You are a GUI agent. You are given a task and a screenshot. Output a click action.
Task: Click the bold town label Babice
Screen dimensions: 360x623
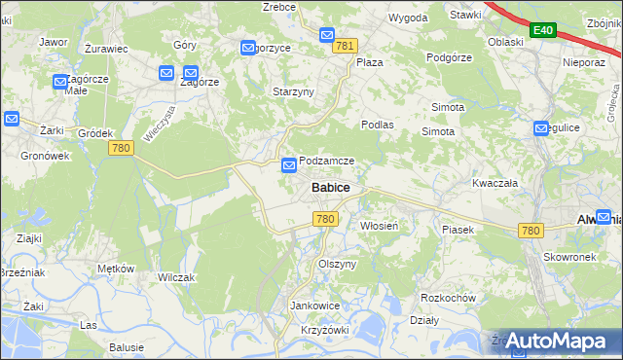[x=331, y=187]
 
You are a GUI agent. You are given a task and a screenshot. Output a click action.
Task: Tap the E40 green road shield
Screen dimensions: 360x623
[x=543, y=31]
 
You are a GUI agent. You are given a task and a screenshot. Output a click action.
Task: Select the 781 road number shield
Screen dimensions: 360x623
[x=345, y=46]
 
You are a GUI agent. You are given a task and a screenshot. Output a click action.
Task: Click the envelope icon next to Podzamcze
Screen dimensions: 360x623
[x=289, y=166]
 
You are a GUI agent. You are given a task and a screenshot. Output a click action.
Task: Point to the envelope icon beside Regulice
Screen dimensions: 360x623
[x=542, y=128]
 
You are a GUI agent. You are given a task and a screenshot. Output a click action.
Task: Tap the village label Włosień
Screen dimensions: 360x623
[x=379, y=226]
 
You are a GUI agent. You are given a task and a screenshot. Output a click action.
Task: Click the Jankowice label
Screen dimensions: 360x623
[x=314, y=306]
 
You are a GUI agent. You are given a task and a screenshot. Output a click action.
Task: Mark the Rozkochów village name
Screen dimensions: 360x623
[x=447, y=298]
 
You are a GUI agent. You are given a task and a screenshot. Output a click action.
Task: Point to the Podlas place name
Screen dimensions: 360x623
[x=377, y=125]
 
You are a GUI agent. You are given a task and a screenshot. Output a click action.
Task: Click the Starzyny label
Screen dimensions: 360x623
[x=292, y=91]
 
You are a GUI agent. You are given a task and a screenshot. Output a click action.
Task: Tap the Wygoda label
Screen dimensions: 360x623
[x=408, y=18]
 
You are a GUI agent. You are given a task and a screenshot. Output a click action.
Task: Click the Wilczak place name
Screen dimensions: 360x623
[x=176, y=277]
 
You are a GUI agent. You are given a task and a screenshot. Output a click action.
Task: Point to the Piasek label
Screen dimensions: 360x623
[x=457, y=230]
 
